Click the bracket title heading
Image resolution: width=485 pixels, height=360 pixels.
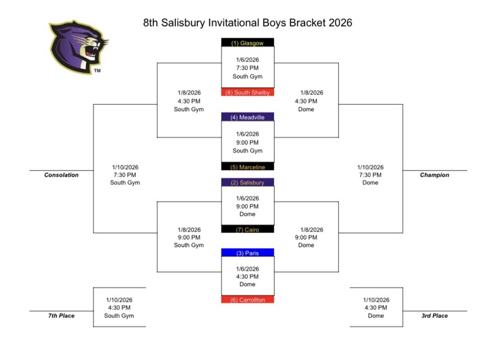pyautogui.click(x=248, y=23)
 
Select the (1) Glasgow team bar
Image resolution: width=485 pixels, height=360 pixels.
pyautogui.click(x=248, y=43)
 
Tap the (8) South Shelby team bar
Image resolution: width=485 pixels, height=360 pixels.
pyautogui.click(x=248, y=92)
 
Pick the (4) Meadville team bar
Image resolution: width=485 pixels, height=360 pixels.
pyautogui.click(x=248, y=117)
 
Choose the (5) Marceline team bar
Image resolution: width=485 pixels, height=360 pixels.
pyautogui.click(x=248, y=167)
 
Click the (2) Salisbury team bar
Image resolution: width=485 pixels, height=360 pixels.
pyautogui.click(x=248, y=182)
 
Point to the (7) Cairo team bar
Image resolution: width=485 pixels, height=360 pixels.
pyautogui.click(x=248, y=229)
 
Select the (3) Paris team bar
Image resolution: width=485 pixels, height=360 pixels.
pyautogui.click(x=248, y=253)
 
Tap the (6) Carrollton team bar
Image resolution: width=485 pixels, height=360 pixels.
pyautogui.click(x=248, y=300)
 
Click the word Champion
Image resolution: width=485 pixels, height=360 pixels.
pyautogui.click(x=434, y=175)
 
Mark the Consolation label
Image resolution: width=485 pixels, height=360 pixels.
pyautogui.click(x=61, y=175)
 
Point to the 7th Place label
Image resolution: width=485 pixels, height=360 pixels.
pyautogui.click(x=61, y=315)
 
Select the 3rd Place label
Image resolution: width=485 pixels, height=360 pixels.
pyautogui.click(x=434, y=315)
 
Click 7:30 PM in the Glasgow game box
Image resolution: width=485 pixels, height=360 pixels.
pyautogui.click(x=248, y=67)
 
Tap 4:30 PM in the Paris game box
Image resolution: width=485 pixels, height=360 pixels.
pyautogui.click(x=248, y=276)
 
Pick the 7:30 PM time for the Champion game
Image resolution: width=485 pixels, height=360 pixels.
pyautogui.click(x=370, y=175)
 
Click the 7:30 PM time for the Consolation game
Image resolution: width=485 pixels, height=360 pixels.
pyautogui.click(x=125, y=175)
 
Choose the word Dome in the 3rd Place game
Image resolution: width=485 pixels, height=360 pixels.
pyautogui.click(x=376, y=315)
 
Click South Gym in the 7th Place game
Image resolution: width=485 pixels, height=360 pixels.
pyautogui.click(x=119, y=315)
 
